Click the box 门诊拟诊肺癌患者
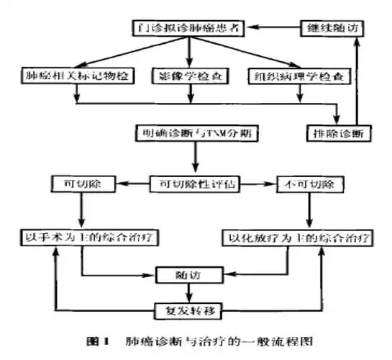click(x=189, y=29)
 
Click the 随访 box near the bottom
click(x=189, y=274)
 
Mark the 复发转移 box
click(x=189, y=311)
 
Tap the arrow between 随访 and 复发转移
click(x=189, y=292)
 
